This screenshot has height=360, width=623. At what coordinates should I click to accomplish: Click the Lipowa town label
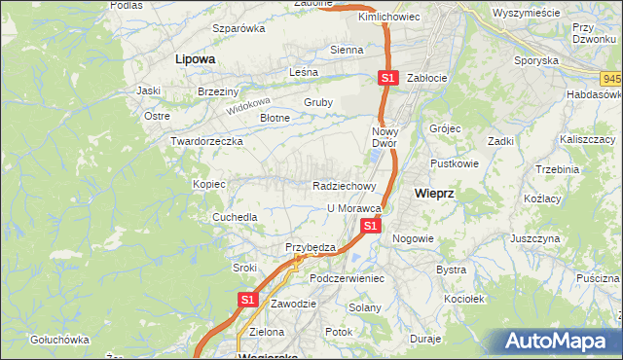(x=195, y=58)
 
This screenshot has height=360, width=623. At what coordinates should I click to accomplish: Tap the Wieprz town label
(x=433, y=193)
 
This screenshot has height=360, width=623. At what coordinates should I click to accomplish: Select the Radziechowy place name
(x=345, y=185)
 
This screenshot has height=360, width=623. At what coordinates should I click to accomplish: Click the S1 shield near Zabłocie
(x=387, y=78)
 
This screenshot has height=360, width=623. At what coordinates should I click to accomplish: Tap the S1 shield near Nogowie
(x=370, y=226)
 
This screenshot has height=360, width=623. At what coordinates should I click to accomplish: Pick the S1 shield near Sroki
(x=247, y=300)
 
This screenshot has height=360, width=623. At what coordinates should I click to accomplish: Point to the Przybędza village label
(x=311, y=247)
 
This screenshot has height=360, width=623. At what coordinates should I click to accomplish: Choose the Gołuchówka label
(x=60, y=340)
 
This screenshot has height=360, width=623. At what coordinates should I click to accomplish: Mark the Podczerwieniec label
(x=348, y=278)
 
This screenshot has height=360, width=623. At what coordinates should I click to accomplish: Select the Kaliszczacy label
(x=584, y=140)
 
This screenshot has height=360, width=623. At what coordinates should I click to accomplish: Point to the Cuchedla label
(x=236, y=217)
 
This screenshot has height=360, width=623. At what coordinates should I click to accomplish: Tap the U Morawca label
(x=352, y=208)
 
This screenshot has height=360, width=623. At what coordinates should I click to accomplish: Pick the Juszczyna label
(x=534, y=237)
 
